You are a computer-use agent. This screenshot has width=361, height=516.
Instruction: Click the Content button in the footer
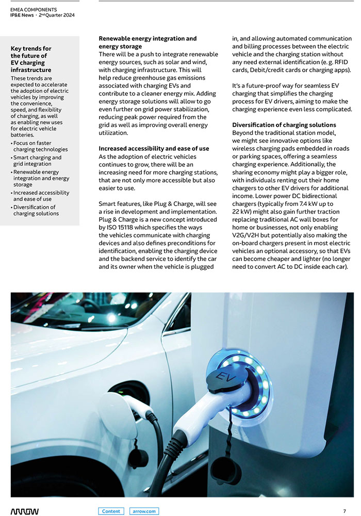tap(111, 511)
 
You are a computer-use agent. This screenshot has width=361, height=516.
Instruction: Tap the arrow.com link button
tap(144, 511)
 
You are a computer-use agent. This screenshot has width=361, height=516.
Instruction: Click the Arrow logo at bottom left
tap(24, 511)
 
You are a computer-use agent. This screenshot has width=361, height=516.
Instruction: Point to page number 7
tap(344, 511)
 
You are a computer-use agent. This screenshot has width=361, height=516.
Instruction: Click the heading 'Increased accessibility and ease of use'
tap(154, 149)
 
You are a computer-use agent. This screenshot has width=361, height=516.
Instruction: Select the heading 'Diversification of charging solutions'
tap(284, 125)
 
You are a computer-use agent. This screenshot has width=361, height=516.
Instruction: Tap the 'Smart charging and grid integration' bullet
tap(37, 161)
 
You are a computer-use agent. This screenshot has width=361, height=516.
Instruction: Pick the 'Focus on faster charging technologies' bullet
tap(40, 146)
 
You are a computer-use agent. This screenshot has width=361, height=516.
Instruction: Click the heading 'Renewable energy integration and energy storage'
tap(147, 42)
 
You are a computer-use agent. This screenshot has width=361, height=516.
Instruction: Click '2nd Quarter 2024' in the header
tap(57, 15)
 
